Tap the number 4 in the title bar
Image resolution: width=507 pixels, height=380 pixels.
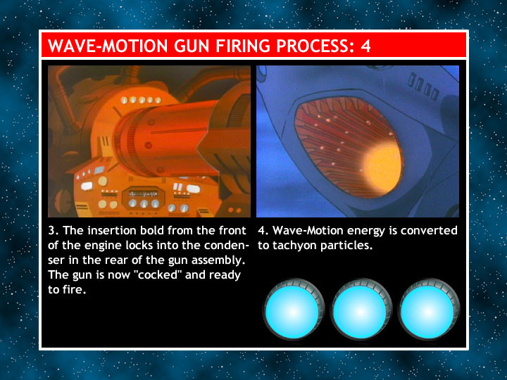click(365, 46)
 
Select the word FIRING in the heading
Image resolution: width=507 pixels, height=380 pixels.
click(243, 46)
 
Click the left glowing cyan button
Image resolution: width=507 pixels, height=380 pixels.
click(294, 310)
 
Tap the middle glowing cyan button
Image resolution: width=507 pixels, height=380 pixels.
click(361, 310)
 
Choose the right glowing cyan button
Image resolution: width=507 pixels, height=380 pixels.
click(429, 310)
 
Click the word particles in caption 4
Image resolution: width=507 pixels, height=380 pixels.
click(346, 246)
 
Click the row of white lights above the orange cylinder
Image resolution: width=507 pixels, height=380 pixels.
click(141, 100)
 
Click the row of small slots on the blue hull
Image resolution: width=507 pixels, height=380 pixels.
click(423, 87)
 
